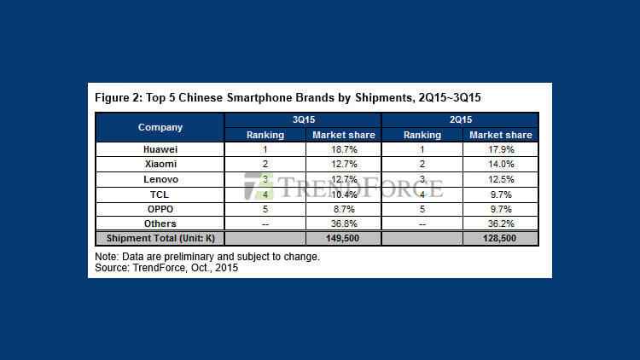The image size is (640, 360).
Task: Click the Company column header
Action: pos(160,127)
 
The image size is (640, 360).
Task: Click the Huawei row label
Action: pos(160,149)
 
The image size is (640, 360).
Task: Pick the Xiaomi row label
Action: pos(160,164)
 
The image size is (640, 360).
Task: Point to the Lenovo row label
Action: pos(160,179)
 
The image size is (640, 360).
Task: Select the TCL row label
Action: pos(160,194)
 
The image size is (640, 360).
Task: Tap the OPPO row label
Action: pos(160,208)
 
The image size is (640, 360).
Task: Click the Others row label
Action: pos(160,224)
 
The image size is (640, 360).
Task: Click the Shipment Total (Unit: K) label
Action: pos(160,239)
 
